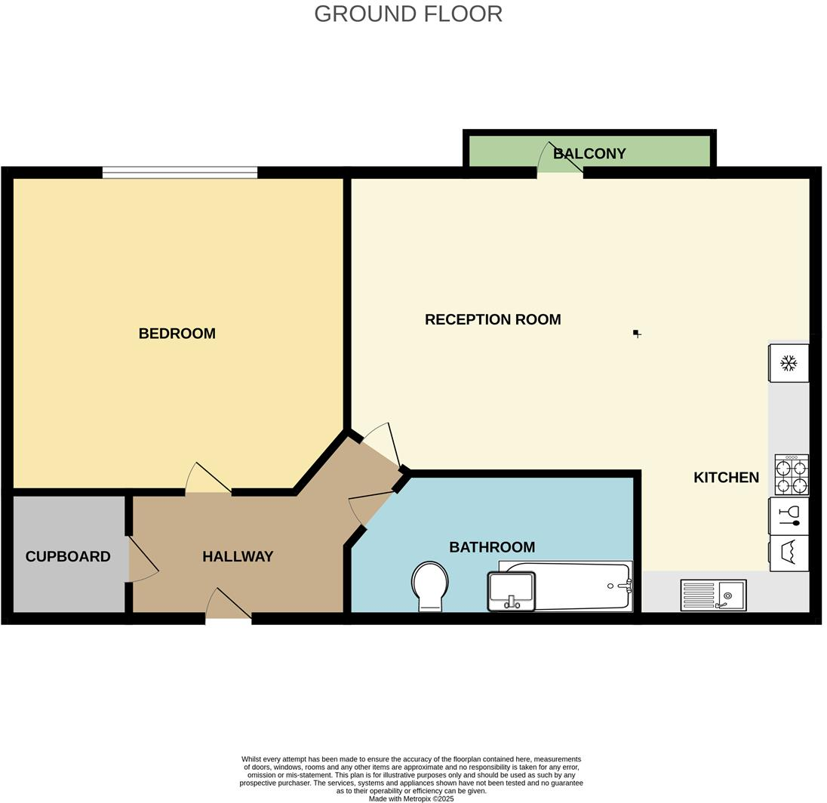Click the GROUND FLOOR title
pos(407,14)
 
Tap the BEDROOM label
pos(177,334)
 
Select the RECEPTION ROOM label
pos(492,319)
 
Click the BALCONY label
pos(589,153)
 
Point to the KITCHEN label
pos(726,477)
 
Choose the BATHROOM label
pos(492,547)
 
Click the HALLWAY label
pos(238,556)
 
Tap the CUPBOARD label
pos(68,556)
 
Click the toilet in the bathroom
pos(429,586)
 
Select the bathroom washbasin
pos(512,591)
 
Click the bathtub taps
pos(623,585)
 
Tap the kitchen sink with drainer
pos(713,595)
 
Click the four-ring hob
pos(792,475)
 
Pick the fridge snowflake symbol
pos(789,364)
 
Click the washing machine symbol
pos(789,553)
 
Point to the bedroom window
pos(180,173)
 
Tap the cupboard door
pos(143,558)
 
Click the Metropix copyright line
pos(411,798)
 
